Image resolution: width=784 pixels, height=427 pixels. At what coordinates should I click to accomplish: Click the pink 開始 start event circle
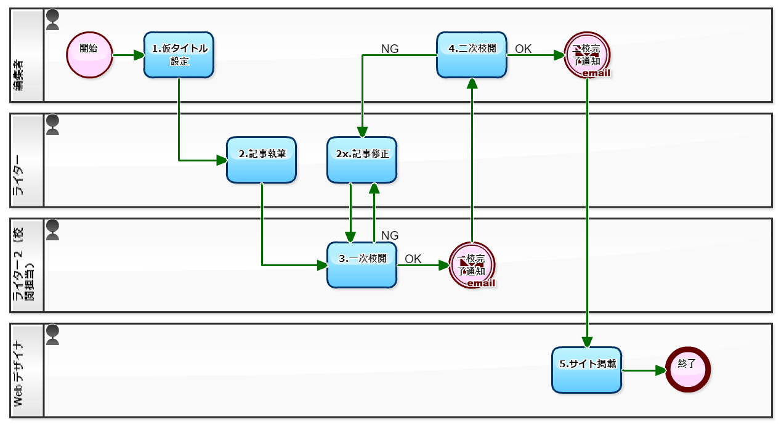(x=89, y=55)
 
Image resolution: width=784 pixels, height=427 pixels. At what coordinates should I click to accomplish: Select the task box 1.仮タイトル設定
(x=179, y=55)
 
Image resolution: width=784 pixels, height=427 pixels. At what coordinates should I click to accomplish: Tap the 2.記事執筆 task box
(x=262, y=160)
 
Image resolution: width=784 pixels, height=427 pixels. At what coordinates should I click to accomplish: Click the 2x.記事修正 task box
(x=362, y=160)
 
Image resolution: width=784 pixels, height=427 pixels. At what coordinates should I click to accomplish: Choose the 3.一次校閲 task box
(x=362, y=264)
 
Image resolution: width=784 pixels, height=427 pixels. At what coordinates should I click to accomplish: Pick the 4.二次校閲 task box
(x=472, y=55)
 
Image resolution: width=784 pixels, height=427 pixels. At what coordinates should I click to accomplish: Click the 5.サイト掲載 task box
(x=587, y=370)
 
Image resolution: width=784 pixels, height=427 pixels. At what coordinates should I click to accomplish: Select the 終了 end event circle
(x=688, y=370)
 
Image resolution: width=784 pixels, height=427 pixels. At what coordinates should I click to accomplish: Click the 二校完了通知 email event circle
(x=587, y=55)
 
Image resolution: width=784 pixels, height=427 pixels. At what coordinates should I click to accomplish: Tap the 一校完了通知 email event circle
(x=472, y=265)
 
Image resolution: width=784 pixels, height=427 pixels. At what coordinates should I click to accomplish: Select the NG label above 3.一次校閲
(x=390, y=235)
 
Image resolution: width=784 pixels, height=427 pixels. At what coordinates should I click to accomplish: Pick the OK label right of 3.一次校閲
(x=413, y=259)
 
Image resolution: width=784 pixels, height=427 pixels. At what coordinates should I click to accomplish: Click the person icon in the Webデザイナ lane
(x=53, y=335)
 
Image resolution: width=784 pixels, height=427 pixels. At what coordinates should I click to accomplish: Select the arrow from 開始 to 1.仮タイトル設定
(x=128, y=55)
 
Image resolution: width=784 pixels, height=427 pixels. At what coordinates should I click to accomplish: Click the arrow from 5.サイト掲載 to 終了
(x=644, y=370)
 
